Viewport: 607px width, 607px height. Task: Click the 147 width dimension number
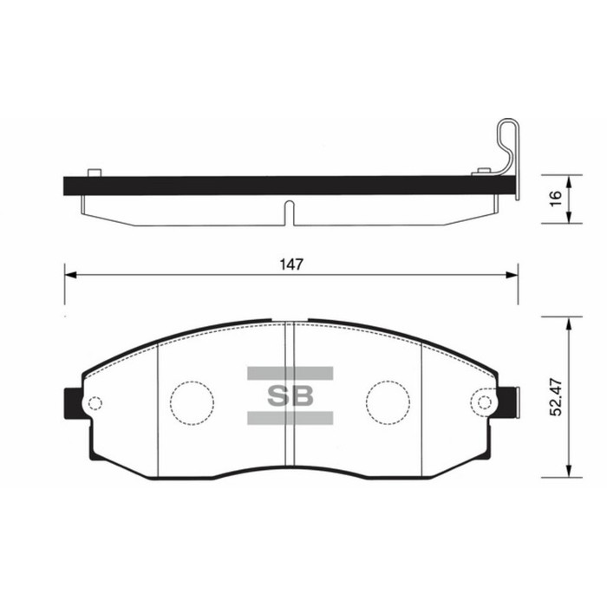point(290,264)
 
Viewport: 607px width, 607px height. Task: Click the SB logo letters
point(290,396)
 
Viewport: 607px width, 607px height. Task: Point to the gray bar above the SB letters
point(290,374)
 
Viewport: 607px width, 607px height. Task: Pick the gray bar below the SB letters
point(290,419)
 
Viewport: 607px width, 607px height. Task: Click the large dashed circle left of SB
point(191,400)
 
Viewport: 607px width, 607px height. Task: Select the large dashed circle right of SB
point(388,400)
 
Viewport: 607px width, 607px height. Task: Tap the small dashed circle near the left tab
point(95,402)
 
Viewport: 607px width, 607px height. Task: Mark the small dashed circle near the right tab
point(484,402)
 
